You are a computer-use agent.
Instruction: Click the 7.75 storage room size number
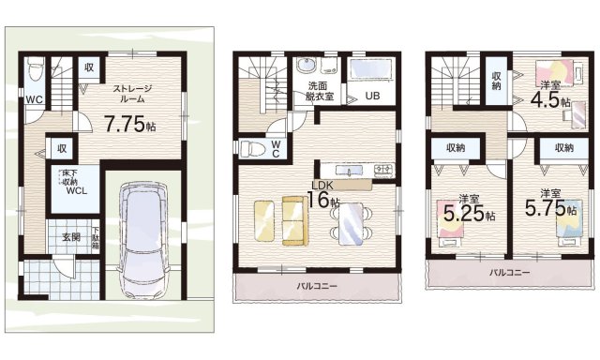tap(125, 124)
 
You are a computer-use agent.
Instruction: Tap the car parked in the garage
tap(143, 239)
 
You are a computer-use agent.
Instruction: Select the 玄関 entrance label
tap(71, 237)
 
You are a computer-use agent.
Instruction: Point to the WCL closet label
tap(77, 191)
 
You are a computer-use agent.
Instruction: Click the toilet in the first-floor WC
tap(36, 68)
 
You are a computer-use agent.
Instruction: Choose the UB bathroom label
tap(372, 96)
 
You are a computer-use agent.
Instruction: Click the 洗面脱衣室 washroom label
tap(320, 91)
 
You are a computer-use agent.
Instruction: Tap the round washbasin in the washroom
tap(307, 65)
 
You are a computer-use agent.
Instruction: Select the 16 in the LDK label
tap(319, 200)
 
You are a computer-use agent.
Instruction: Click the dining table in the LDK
tap(350, 223)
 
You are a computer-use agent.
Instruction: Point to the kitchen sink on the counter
tap(349, 170)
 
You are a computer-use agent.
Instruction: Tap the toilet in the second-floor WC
tap(252, 148)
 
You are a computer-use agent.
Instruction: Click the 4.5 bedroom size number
tap(545, 100)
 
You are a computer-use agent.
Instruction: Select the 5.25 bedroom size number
tap(464, 213)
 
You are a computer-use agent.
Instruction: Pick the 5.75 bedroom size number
tap(545, 208)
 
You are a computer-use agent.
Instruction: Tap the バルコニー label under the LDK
tap(317, 286)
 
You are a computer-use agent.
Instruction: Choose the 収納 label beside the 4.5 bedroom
tap(496, 81)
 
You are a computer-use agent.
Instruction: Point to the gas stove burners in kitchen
tap(383, 170)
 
